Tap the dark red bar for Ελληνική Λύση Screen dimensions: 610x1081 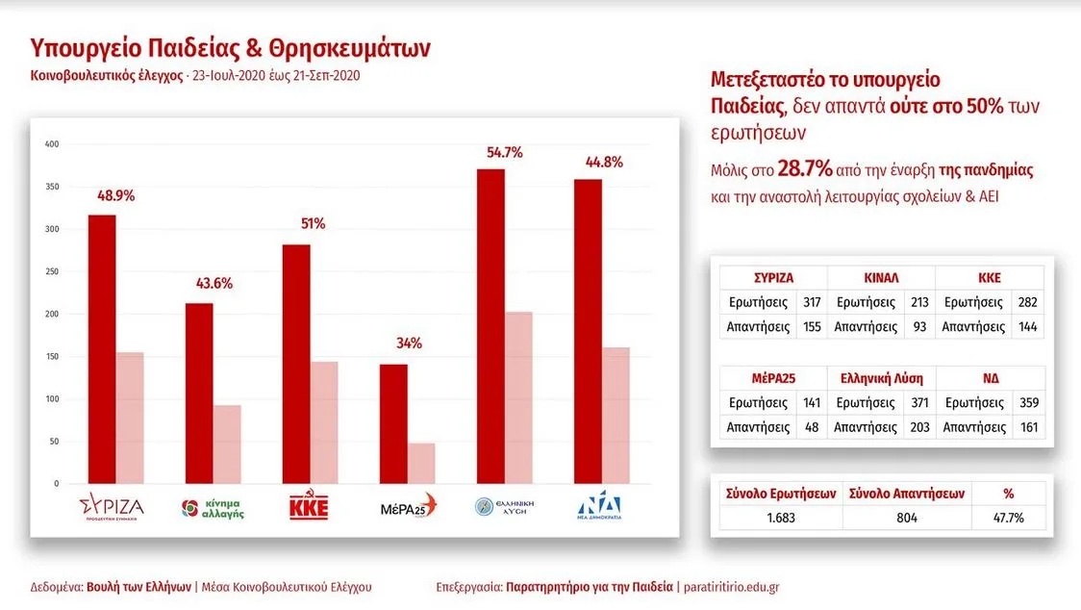[490, 326]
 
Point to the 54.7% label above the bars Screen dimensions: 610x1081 [505, 152]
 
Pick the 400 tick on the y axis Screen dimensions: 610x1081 [52, 144]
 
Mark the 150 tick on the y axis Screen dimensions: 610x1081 [52, 357]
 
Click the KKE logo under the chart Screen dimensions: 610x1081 [309, 506]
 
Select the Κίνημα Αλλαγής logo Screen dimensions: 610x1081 [213, 507]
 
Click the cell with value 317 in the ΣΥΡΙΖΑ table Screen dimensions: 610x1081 [811, 302]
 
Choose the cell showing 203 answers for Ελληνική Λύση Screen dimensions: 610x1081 [918, 427]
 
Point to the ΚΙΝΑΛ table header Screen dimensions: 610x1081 [881, 278]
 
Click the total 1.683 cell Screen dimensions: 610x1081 [781, 518]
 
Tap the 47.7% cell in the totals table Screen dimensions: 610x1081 [1008, 518]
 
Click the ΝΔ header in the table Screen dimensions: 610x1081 [990, 379]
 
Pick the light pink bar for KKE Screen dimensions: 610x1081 [324, 422]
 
